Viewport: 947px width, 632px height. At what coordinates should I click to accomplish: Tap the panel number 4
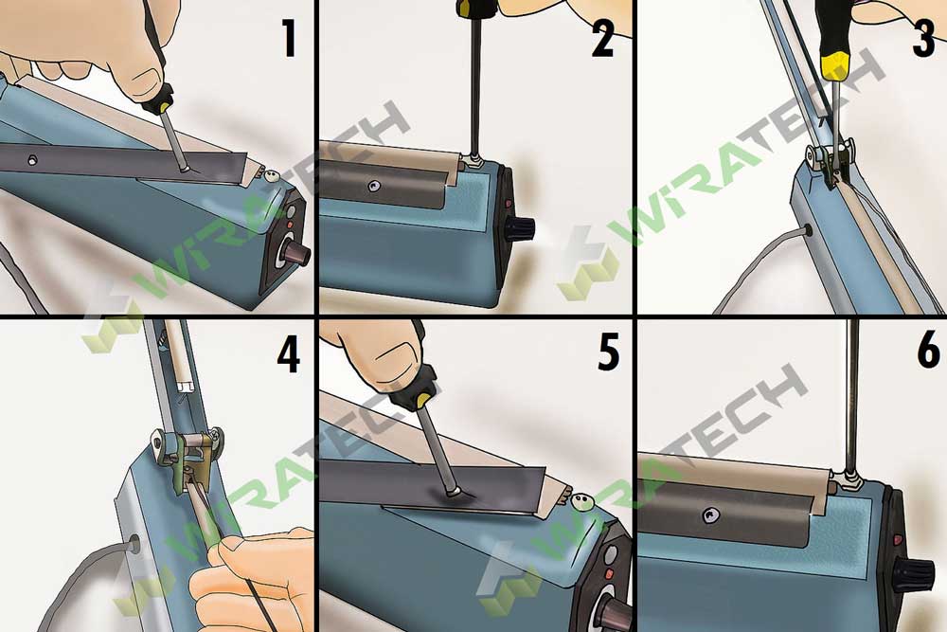[x=287, y=353]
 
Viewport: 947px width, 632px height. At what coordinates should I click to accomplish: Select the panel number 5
[x=602, y=353]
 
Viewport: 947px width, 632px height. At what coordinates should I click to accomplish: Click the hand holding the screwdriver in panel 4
[x=251, y=578]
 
